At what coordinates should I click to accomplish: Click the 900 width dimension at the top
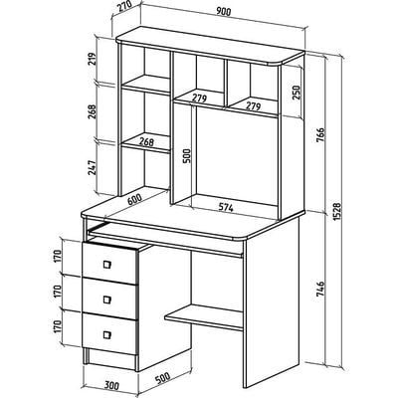point(223,11)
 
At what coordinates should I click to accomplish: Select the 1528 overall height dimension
point(337,211)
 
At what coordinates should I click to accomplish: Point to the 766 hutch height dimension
point(320,134)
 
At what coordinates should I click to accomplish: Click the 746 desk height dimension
point(320,289)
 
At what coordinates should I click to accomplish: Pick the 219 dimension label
point(93,59)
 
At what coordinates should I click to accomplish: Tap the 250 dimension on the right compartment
point(296,93)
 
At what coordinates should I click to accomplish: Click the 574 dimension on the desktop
point(226,208)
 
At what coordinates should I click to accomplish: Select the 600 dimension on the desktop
point(134,199)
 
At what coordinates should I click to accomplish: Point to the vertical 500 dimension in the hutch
point(187,155)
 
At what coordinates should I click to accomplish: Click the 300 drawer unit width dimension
point(111,385)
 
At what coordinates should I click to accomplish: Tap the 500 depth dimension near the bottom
point(162,378)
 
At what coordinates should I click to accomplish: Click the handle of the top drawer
point(106,265)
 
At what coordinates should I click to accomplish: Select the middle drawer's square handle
point(106,299)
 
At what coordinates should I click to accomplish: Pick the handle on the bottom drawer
point(106,334)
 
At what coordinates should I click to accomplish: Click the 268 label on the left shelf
point(146,141)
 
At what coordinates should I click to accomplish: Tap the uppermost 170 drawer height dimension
point(58,256)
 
